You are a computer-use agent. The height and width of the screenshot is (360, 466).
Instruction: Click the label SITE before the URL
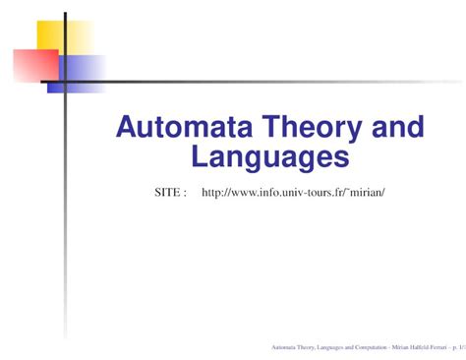point(168,193)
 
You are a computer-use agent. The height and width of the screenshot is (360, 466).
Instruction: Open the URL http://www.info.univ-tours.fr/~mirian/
point(292,193)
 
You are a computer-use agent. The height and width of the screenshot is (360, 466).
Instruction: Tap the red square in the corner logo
point(35,66)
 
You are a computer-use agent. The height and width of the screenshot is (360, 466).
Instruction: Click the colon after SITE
point(185,194)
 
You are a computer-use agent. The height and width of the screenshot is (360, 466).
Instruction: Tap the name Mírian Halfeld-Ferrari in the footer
point(414,347)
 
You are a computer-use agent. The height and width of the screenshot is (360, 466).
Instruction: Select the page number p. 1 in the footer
point(454,347)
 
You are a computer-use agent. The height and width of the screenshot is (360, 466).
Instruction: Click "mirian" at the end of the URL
point(366,193)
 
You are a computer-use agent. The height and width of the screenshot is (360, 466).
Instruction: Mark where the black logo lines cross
point(65,82)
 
